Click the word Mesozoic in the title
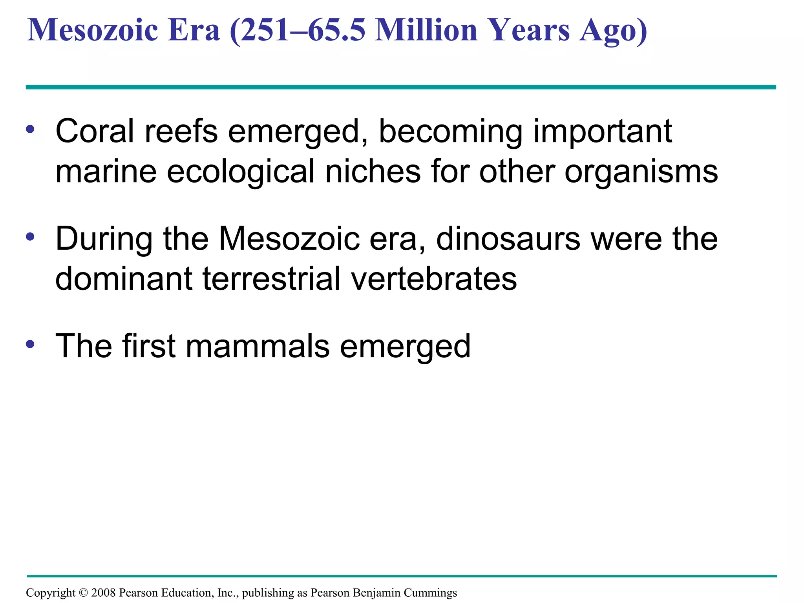93,30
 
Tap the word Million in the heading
426,30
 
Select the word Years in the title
530,30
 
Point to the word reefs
181,131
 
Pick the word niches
373,172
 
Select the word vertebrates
434,279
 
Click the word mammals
258,346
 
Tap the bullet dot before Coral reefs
30,129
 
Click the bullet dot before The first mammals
30,344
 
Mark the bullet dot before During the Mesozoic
30,237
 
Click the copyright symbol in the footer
83,593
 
